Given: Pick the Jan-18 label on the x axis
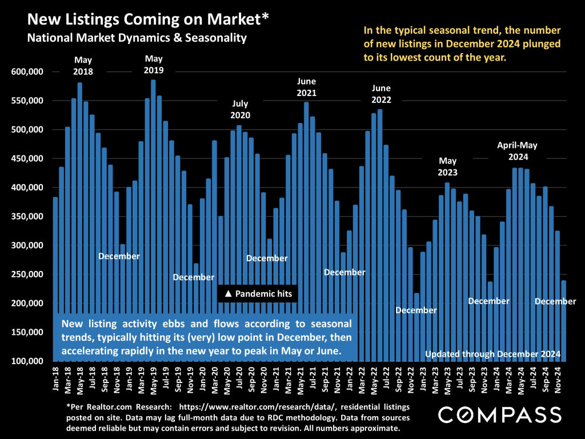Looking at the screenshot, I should pos(55,379).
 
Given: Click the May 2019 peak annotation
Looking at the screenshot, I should pos(154,65).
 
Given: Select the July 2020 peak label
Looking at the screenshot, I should pos(240,109).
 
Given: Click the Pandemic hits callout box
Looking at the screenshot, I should pos(258,294).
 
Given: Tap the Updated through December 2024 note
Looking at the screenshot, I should pos(492,354).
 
